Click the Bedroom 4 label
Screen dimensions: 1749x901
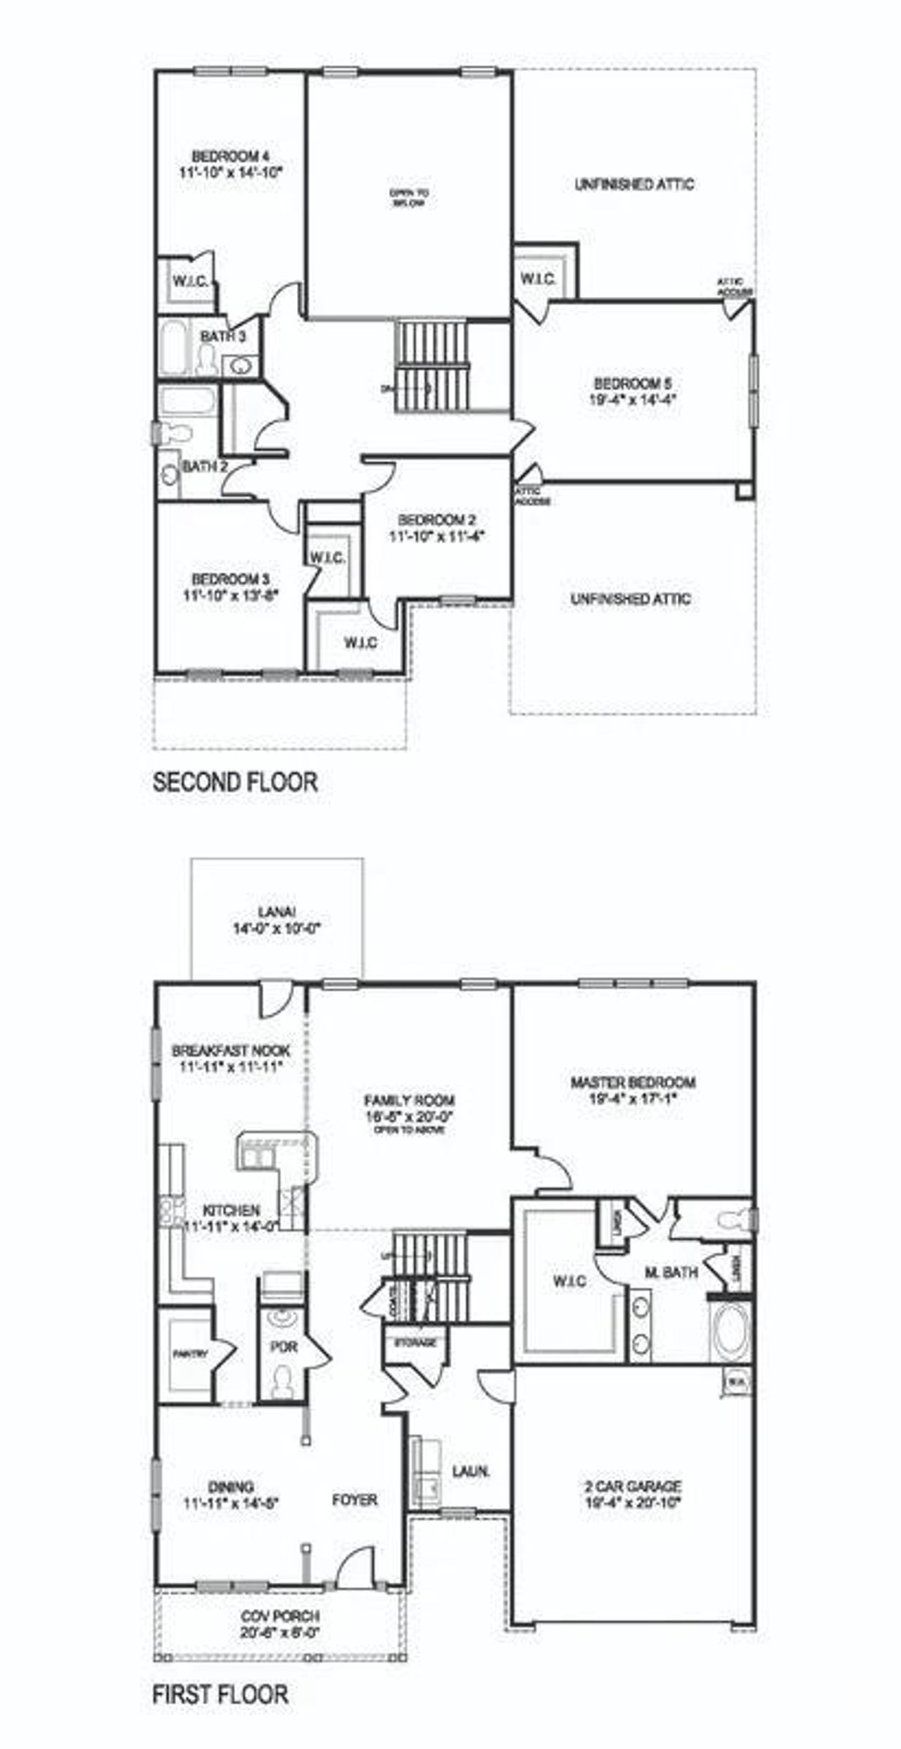point(231,156)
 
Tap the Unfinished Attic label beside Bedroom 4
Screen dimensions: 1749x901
point(634,184)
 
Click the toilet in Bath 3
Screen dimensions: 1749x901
point(208,361)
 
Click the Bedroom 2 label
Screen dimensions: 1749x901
point(436,520)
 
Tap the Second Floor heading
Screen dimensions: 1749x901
point(235,782)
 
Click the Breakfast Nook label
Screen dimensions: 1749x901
point(231,1051)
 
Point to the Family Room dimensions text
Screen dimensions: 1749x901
point(409,1116)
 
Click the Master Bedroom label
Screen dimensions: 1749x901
point(633,1082)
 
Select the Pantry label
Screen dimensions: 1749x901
point(190,1353)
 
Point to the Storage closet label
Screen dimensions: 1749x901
point(416,1342)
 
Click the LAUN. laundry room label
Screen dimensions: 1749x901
point(471,1471)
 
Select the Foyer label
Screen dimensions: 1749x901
point(355,1500)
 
